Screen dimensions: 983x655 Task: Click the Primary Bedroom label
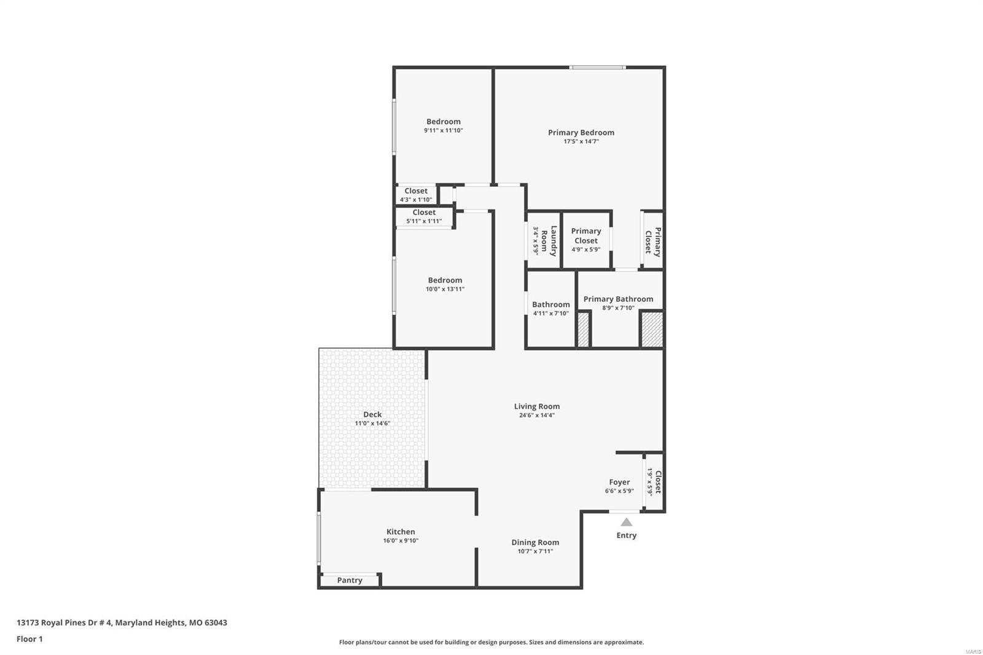click(x=581, y=133)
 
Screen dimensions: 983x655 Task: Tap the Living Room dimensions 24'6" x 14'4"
click(x=537, y=415)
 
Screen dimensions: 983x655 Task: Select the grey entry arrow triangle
click(x=626, y=522)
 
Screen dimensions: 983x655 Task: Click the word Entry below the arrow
click(x=626, y=535)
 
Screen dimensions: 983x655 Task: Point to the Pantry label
click(x=350, y=581)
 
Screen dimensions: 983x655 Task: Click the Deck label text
click(x=372, y=414)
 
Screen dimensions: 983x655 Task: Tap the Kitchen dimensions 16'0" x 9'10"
click(x=401, y=541)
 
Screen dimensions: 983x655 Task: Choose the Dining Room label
click(x=535, y=543)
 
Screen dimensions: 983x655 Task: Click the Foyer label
click(x=619, y=482)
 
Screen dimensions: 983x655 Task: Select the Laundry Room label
click(x=549, y=241)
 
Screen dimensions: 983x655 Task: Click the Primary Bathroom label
click(x=618, y=299)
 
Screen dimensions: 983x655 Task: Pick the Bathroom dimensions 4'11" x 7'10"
click(x=550, y=313)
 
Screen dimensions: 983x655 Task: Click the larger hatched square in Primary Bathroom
click(x=652, y=330)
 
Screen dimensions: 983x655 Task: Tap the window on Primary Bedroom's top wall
click(x=598, y=67)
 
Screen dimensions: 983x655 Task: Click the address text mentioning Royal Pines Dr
click(x=122, y=622)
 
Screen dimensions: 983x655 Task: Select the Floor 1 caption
click(x=29, y=639)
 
